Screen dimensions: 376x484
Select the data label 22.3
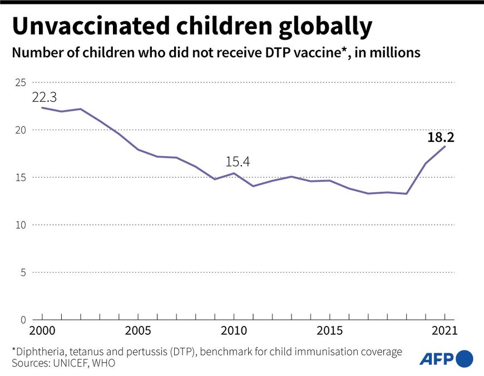pos(45,97)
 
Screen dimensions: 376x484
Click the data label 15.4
pos(238,162)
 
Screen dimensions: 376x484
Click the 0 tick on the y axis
pos(23,320)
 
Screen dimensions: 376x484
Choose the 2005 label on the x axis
pos(138,331)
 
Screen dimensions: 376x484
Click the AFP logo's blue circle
pos(463,358)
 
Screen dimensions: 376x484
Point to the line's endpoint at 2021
pos(445,146)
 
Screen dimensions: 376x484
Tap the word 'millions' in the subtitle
pos(394,53)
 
